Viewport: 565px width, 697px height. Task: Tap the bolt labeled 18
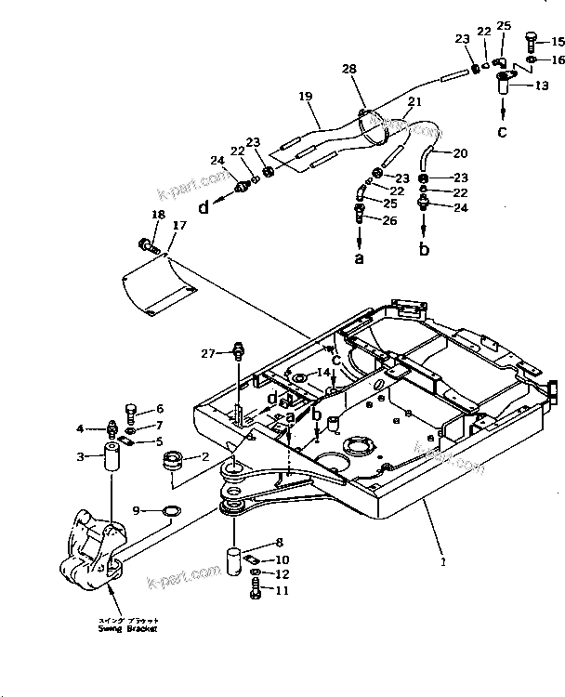point(147,245)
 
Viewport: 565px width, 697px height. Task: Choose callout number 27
point(208,353)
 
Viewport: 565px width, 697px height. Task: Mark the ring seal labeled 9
point(170,510)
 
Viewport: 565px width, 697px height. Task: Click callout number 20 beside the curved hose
point(461,152)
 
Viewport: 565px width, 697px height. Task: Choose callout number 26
point(389,219)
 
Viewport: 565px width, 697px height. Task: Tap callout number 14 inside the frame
point(322,372)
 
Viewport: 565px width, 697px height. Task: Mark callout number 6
point(159,408)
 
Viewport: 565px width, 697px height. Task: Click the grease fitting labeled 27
point(239,351)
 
